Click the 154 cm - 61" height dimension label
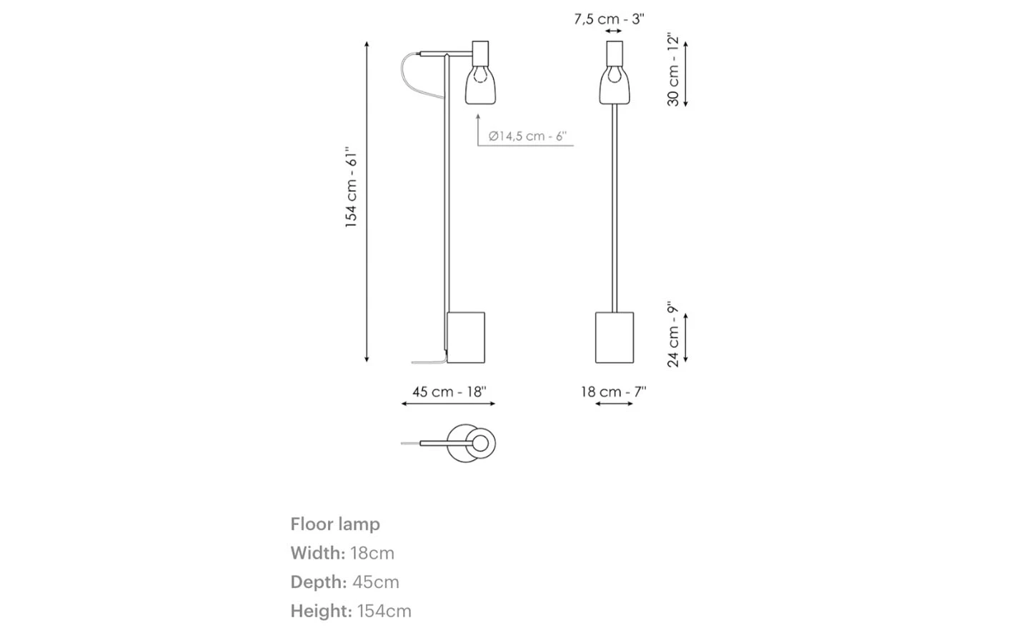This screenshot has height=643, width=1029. pyautogui.click(x=351, y=187)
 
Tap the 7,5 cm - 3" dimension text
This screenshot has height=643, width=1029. pyautogui.click(x=609, y=19)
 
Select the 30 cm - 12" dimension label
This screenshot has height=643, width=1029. pyautogui.click(x=673, y=69)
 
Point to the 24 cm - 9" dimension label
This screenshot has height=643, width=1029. pyautogui.click(x=673, y=334)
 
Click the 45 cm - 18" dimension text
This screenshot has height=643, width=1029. pyautogui.click(x=449, y=392)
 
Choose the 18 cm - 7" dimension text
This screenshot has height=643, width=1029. pyautogui.click(x=614, y=392)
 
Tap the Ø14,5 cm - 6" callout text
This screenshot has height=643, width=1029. pyautogui.click(x=527, y=136)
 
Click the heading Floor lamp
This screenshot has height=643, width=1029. pyautogui.click(x=335, y=524)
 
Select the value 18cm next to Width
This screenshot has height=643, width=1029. pyautogui.click(x=372, y=553)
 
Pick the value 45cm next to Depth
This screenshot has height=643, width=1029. pyautogui.click(x=376, y=582)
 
